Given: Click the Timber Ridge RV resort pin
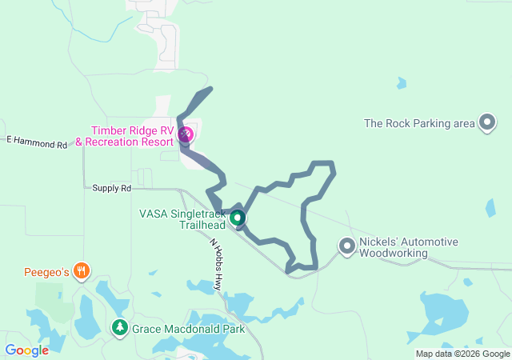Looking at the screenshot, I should click(x=186, y=134).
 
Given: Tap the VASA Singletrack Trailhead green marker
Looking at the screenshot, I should click(x=237, y=217).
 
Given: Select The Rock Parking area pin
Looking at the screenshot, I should click(x=487, y=122).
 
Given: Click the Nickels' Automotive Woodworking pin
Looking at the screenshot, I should click(x=346, y=246).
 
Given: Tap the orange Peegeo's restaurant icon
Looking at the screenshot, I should click(x=81, y=271).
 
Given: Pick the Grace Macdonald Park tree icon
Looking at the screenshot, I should click(x=120, y=327).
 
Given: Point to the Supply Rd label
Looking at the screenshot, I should click(x=111, y=188).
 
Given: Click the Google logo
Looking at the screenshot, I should click(x=26, y=350).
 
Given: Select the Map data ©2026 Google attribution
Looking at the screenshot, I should click(x=462, y=354).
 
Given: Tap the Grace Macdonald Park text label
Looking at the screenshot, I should click(x=188, y=328).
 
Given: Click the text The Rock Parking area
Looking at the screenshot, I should click(x=419, y=123).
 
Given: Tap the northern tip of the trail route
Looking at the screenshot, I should click(x=210, y=88).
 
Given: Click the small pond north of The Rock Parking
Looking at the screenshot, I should click(x=401, y=82).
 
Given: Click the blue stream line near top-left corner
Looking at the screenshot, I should click(x=104, y=31).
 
